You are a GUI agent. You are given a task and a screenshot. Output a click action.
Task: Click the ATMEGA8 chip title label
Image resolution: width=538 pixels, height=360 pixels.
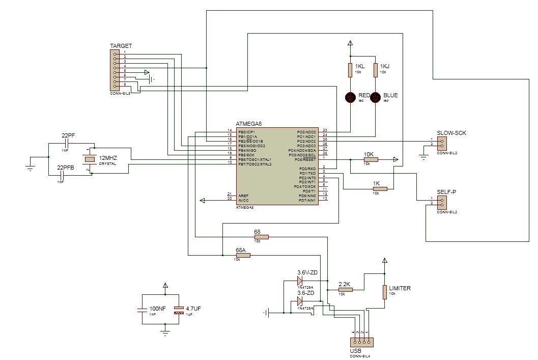[x=248, y=124]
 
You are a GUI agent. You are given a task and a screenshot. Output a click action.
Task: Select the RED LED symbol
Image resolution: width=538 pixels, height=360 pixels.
[x=350, y=97]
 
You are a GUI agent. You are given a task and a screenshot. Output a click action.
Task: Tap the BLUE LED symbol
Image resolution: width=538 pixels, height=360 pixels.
[x=376, y=97]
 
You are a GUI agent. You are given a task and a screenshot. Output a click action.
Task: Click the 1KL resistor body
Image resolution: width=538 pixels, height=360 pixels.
[x=350, y=70]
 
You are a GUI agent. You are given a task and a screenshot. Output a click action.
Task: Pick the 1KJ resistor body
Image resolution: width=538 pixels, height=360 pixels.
[x=376, y=70]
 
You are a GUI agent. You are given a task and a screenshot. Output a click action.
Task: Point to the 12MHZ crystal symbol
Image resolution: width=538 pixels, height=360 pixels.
[x=90, y=159]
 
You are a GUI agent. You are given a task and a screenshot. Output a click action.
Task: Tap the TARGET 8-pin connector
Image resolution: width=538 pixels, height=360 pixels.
[x=116, y=70]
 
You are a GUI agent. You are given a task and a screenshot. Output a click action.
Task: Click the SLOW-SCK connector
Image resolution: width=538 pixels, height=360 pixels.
[x=441, y=142]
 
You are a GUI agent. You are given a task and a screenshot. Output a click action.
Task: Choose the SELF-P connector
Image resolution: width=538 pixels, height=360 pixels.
[x=441, y=202]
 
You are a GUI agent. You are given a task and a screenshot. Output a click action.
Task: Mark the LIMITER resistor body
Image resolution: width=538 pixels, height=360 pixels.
[x=384, y=292]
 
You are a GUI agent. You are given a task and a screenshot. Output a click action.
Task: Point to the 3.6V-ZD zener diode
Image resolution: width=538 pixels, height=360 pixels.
[x=300, y=281]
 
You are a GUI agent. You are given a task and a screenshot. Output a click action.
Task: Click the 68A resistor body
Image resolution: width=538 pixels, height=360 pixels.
[x=243, y=255]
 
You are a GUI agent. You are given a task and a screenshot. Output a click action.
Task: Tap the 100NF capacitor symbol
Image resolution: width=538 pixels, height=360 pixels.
[x=141, y=309]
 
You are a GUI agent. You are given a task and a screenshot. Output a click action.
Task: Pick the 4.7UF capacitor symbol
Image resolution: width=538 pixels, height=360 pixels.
[x=178, y=310]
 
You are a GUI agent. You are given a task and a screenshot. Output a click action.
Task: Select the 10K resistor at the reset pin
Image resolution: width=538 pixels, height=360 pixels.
[x=371, y=159]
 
